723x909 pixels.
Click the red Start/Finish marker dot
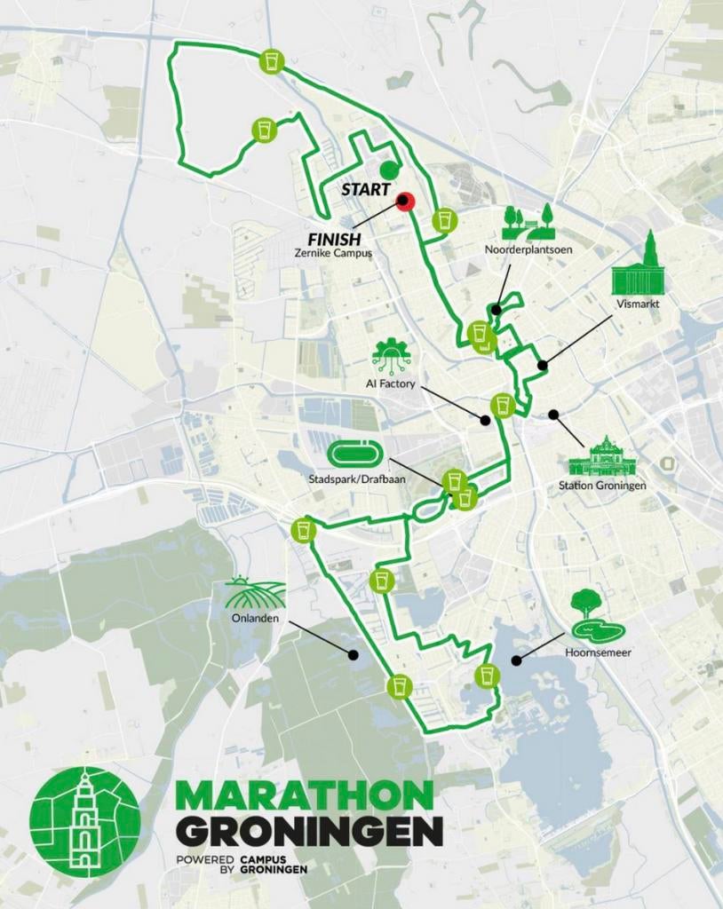click(x=405, y=202)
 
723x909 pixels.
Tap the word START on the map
click(x=366, y=189)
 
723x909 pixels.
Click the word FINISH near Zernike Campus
click(x=334, y=239)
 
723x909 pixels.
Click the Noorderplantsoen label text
click(x=528, y=250)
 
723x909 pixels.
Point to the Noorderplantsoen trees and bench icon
click(x=528, y=222)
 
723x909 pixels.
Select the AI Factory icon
click(x=391, y=356)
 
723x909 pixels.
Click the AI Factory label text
click(x=391, y=383)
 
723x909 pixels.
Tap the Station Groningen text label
click(x=602, y=486)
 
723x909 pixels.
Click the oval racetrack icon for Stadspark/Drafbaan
click(x=355, y=454)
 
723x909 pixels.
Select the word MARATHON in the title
click(x=305, y=795)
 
